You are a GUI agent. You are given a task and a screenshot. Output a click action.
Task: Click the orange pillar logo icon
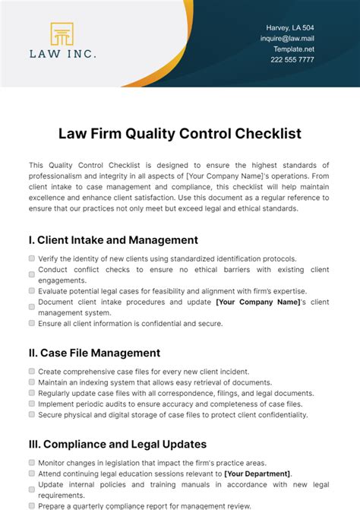point(62,34)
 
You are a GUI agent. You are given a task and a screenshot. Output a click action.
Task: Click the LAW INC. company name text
point(62,54)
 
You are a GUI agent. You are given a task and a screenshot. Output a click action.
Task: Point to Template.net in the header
point(293,49)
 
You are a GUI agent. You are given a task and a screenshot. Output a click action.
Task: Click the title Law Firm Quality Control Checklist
point(180,134)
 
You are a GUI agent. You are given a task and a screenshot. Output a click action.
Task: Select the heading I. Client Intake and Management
point(113,239)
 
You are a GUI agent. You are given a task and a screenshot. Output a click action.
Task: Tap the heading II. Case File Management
point(94,353)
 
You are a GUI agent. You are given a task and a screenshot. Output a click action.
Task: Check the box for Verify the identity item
point(32,259)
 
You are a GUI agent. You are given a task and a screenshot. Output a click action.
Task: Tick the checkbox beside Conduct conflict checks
point(32,274)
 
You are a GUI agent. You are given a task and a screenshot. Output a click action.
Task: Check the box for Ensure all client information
point(32,323)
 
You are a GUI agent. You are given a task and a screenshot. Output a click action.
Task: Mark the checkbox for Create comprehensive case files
point(32,371)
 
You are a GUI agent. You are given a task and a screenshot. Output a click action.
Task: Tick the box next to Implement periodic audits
point(32,404)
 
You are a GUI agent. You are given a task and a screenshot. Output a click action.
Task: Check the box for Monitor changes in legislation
point(32,462)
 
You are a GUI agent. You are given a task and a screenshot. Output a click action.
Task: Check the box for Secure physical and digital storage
point(32,415)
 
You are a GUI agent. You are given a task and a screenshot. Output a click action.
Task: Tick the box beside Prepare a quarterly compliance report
point(32,505)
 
